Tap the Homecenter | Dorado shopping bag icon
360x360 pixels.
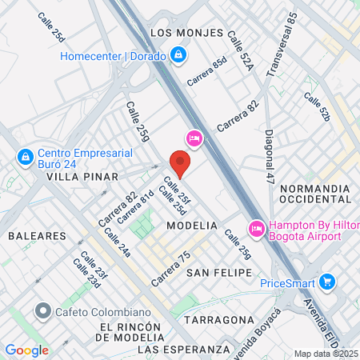point(178,55)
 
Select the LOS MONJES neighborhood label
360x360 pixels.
point(183,33)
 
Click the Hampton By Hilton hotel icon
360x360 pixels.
point(257,228)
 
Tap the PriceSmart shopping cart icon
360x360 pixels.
point(326,282)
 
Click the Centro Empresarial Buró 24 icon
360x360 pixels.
point(26,155)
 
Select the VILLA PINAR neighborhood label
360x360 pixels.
point(82,176)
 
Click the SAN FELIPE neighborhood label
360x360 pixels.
point(214,273)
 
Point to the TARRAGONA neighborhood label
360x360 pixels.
point(218,319)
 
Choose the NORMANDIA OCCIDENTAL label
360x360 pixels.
point(316,195)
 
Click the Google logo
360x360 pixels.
point(26,350)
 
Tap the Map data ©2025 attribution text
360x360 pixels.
point(326,354)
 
